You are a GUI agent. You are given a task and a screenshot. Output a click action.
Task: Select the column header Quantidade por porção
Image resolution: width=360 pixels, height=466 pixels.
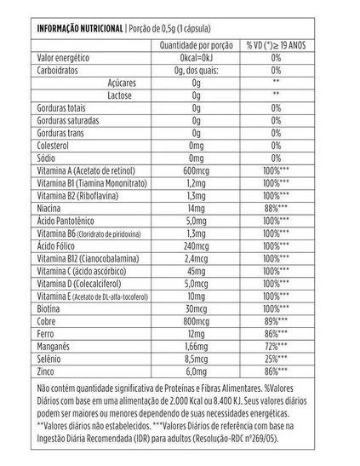[197, 44]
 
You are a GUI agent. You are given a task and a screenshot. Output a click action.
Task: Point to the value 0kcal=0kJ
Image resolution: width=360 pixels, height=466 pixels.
[197, 57]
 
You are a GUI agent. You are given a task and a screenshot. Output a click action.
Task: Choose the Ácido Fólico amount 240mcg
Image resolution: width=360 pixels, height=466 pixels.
[197, 245]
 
